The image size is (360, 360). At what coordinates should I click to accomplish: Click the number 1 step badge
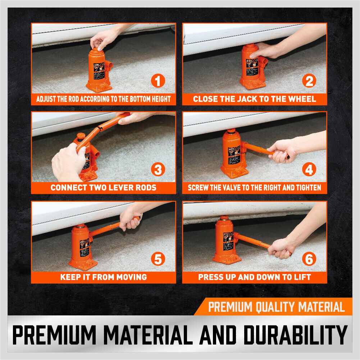(x=158, y=81)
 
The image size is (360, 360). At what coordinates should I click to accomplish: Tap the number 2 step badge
(x=309, y=81)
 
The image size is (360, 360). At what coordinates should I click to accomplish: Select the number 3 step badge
(x=158, y=169)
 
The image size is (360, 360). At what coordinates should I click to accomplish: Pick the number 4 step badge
(x=309, y=169)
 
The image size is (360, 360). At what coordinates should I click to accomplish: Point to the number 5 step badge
(x=158, y=259)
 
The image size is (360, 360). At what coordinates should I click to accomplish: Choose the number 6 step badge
(x=309, y=259)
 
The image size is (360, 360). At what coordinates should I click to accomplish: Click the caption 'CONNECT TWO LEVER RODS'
(x=104, y=188)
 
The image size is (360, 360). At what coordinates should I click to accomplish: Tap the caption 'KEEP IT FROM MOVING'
(x=104, y=277)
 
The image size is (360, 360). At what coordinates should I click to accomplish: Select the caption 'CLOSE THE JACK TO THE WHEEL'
(x=255, y=99)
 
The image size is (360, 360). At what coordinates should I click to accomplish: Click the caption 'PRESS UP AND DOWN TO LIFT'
(x=255, y=277)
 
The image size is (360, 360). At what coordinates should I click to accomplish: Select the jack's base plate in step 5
(x=83, y=265)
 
